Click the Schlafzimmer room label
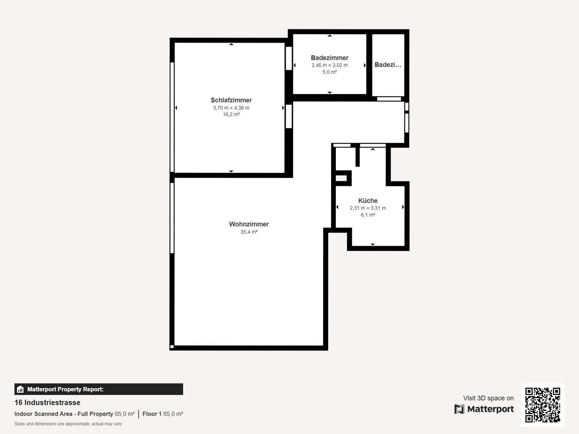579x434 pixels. pos(231,100)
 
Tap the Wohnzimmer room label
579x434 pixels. pos(249,224)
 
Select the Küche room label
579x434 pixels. pos(368,201)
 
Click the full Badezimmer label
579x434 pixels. pos(330,58)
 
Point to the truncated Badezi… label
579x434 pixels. pos(388,64)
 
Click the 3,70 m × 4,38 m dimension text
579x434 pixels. pos(231,108)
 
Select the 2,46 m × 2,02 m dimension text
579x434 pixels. pos(330,65)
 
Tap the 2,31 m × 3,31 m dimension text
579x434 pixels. pos(368,208)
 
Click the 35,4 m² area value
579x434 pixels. pos(249,232)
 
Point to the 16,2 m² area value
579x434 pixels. pos(231,114)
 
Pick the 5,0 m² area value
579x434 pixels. pos(330,72)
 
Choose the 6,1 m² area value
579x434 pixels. pos(368,215)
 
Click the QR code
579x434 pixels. pos(543,405)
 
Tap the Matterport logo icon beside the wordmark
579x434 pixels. pos(459,409)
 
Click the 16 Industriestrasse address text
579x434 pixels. pos(47,402)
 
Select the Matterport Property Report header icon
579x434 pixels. pos(20,389)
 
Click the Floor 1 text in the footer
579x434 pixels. pos(152,414)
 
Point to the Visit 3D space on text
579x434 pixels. pos(488,398)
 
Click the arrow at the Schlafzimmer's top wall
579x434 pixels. pos(231,44)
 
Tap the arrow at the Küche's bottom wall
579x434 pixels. pos(372,245)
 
